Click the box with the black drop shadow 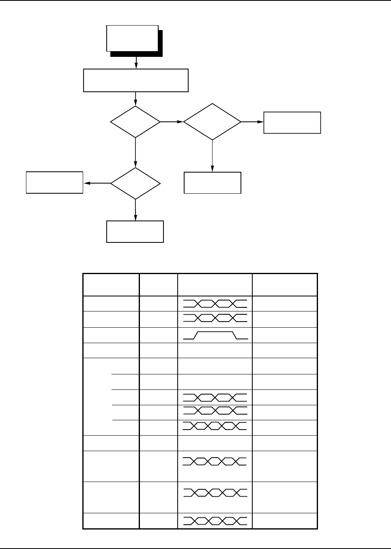coord(132,39)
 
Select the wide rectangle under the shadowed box coord(136,80)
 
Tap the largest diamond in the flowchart coord(212,122)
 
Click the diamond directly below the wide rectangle coord(135,122)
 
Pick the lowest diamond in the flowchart coord(135,183)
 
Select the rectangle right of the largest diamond coord(292,122)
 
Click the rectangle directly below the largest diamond coord(213,183)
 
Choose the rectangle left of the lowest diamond coord(55,182)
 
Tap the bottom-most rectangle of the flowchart coord(135,231)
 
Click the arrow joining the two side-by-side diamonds coord(172,121)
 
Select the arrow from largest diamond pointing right coord(252,121)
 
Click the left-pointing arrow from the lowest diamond coord(97,183)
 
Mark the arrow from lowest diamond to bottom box coord(135,210)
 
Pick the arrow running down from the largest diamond coord(212,156)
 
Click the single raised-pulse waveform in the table coord(215,335)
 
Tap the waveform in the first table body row coord(215,303)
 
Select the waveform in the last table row coord(215,521)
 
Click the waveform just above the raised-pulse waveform coord(215,319)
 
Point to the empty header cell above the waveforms coord(215,285)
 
